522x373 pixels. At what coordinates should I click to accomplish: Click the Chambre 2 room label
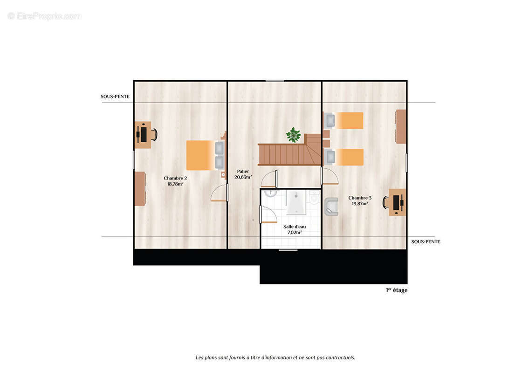(175, 181)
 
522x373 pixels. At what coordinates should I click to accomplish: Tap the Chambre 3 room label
(360, 200)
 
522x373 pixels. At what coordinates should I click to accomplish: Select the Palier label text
(243, 171)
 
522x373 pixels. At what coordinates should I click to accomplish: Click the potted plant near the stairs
(293, 135)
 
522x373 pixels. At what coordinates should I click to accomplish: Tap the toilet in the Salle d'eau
(314, 197)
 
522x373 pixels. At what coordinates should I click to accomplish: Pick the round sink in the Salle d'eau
(270, 193)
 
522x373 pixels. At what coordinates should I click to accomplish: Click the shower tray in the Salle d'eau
(296, 202)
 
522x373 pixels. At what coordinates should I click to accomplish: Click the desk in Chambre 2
(143, 135)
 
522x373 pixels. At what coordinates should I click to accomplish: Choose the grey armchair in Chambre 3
(331, 207)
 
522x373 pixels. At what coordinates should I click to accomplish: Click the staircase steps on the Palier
(289, 150)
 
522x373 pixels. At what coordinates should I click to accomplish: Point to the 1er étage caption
(397, 290)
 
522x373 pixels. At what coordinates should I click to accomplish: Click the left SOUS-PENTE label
(115, 97)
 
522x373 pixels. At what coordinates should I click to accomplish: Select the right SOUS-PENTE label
(426, 242)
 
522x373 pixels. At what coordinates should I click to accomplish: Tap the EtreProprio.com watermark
(45, 16)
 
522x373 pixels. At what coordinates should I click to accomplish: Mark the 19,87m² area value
(360, 203)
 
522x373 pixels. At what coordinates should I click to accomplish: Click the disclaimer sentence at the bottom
(275, 358)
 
